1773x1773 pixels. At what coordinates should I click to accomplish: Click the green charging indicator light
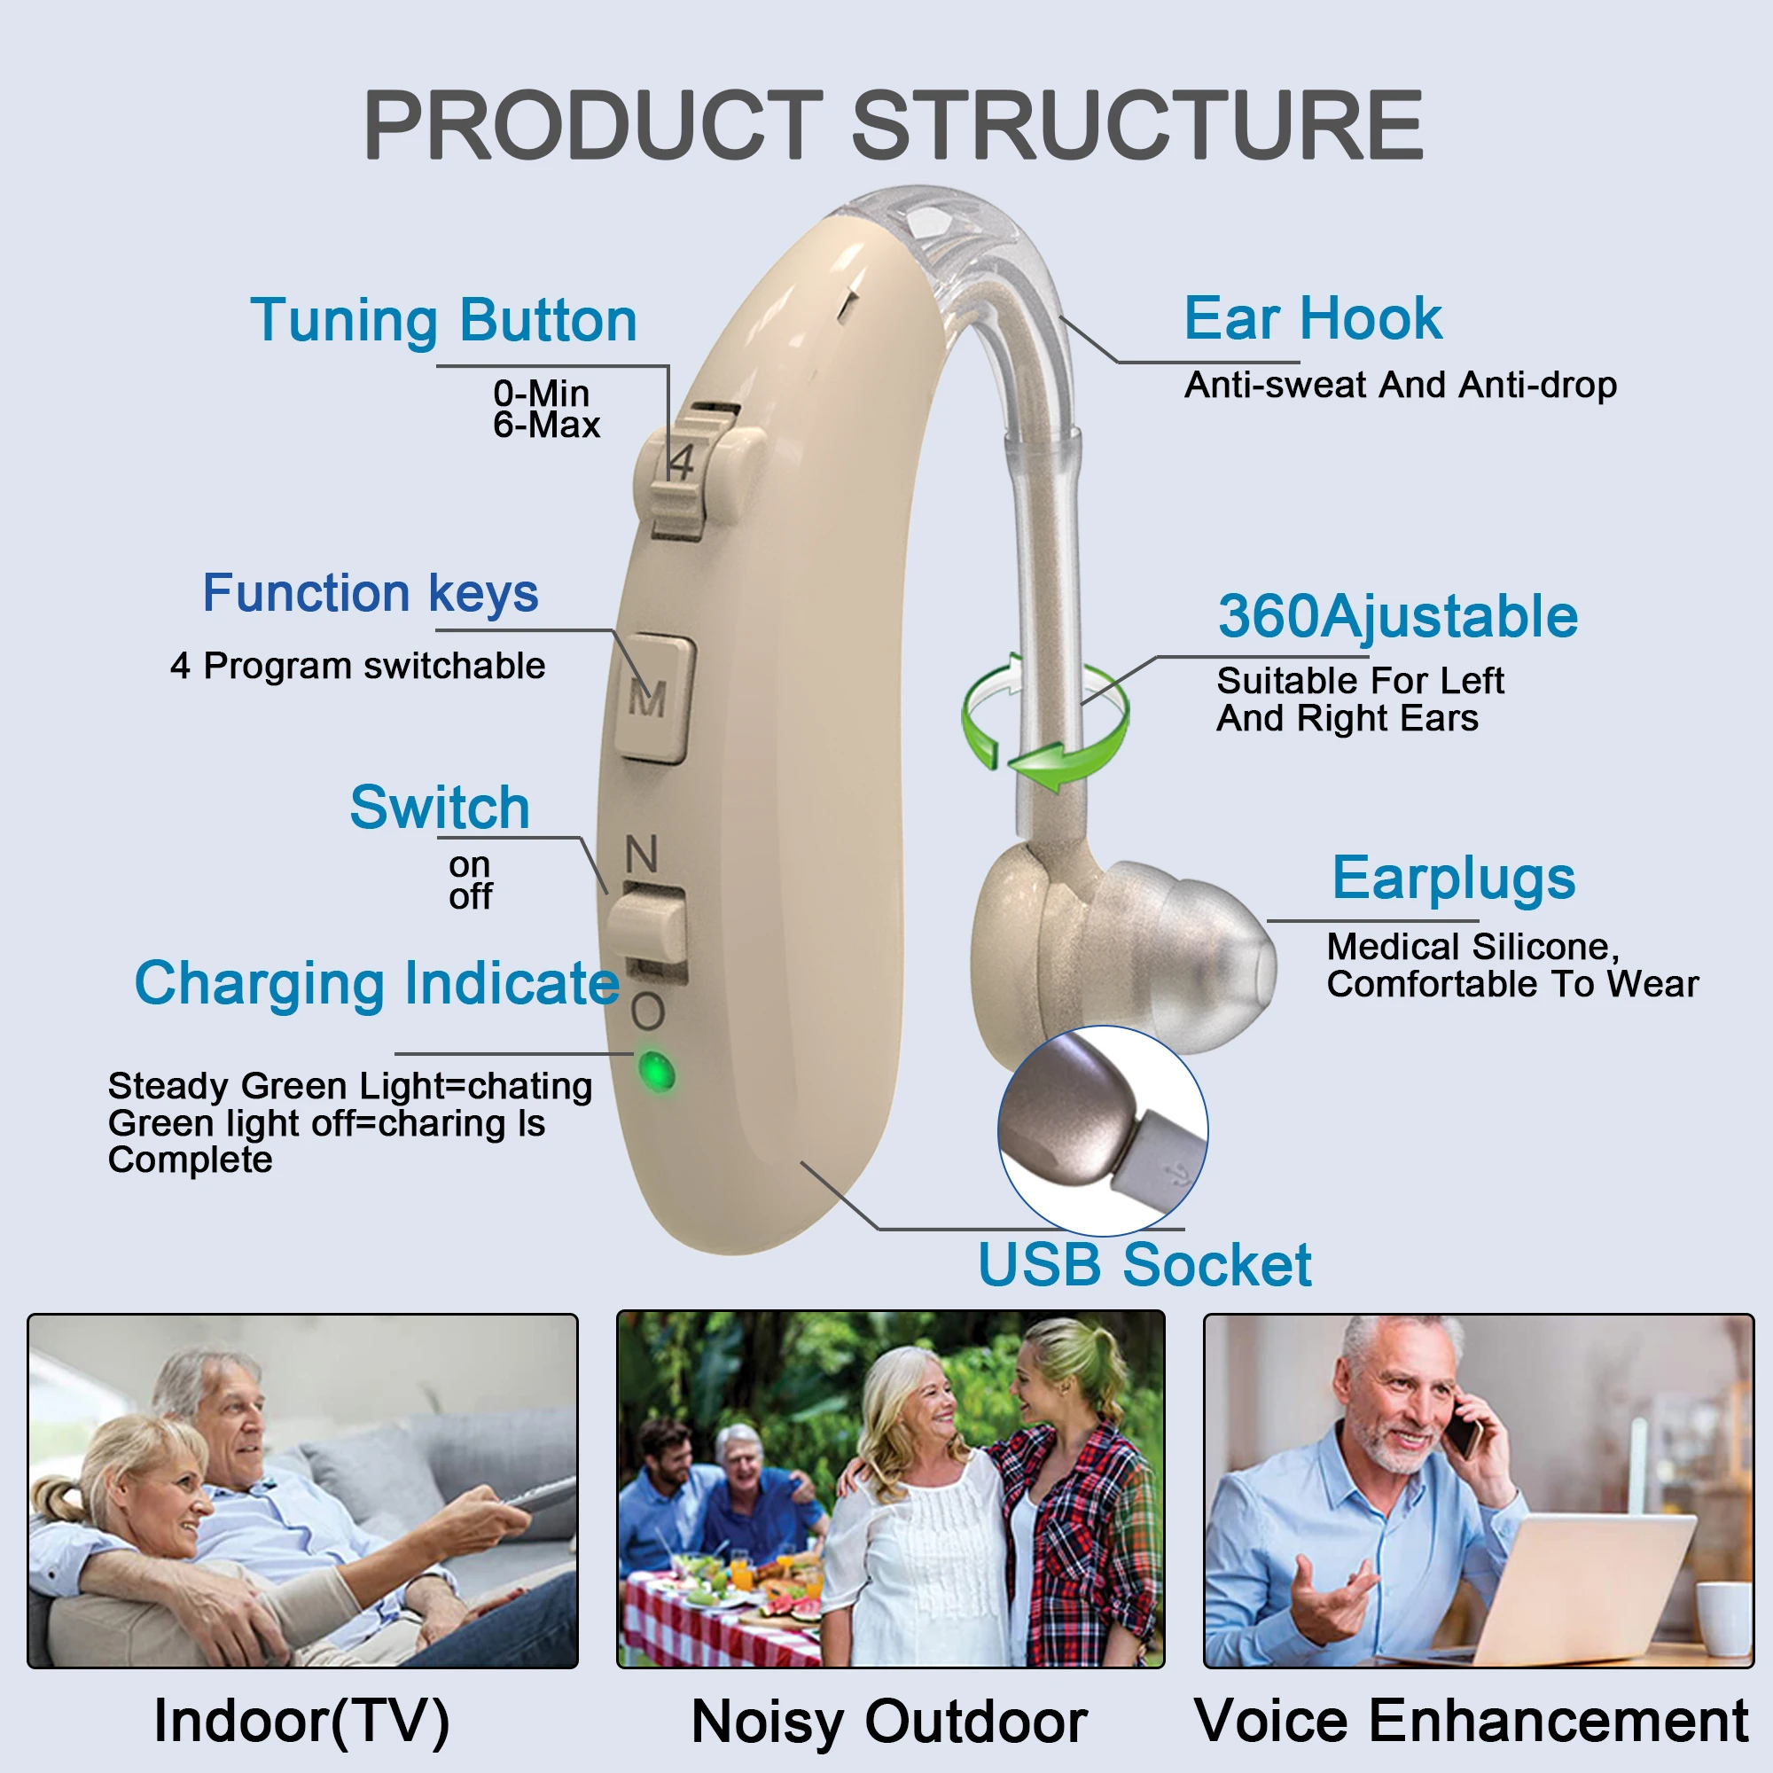[x=656, y=1071]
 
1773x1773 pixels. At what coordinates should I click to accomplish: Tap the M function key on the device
[x=652, y=699]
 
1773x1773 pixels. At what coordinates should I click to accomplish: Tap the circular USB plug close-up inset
[x=1102, y=1130]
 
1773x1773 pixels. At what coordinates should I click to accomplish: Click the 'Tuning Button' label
[x=444, y=320]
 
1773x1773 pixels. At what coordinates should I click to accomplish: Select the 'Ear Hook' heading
[x=1312, y=318]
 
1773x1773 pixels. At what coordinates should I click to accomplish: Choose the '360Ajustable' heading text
[x=1398, y=616]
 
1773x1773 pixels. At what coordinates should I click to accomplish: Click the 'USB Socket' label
[x=1144, y=1265]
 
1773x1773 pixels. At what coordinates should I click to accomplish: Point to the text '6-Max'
[x=546, y=425]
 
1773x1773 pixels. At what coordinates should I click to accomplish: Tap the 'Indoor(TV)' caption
[x=302, y=1720]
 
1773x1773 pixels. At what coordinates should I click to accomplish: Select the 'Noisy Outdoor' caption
[x=889, y=1721]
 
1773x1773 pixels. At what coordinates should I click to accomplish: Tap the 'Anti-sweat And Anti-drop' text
[x=1401, y=386]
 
